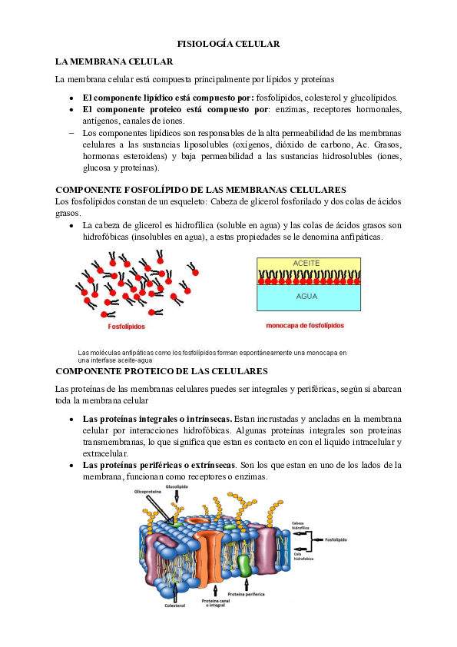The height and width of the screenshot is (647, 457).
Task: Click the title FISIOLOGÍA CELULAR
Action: pyautogui.click(x=228, y=44)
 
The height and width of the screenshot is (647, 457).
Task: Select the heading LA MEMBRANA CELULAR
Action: pyautogui.click(x=114, y=61)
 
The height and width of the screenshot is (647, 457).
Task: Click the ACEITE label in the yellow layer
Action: pyautogui.click(x=307, y=263)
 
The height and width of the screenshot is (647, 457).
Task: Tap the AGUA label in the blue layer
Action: pyautogui.click(x=307, y=295)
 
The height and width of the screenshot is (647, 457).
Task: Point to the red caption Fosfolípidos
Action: pyautogui.click(x=127, y=326)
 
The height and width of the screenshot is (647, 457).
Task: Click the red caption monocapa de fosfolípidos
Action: pyautogui.click(x=305, y=326)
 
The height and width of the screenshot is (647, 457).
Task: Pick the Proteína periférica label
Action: pyautogui.click(x=244, y=595)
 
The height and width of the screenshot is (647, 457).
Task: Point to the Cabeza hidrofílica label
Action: pyautogui.click(x=300, y=526)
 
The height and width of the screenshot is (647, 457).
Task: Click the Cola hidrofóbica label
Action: pyautogui.click(x=301, y=556)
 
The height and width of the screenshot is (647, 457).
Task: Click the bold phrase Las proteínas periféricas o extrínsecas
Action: pyautogui.click(x=158, y=466)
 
